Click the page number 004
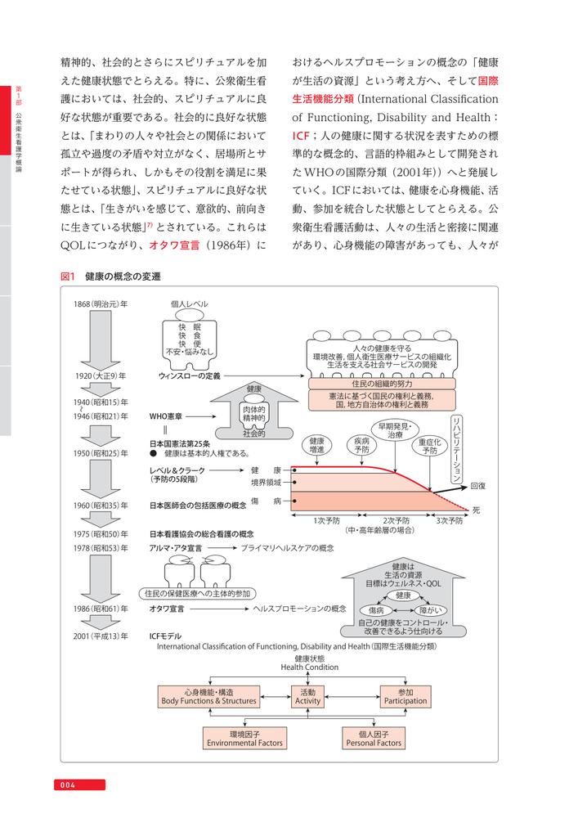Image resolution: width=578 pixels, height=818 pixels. (x=67, y=786)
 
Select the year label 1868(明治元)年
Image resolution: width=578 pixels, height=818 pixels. (x=101, y=304)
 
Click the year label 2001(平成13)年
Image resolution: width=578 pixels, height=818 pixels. (x=101, y=635)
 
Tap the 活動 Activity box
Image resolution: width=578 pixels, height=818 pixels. (x=307, y=696)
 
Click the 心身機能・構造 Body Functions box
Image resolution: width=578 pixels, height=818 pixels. (x=209, y=696)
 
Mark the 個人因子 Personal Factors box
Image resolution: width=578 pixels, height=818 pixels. (x=373, y=739)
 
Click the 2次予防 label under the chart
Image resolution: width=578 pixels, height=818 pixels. (x=396, y=519)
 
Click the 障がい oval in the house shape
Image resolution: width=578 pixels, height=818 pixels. (x=431, y=610)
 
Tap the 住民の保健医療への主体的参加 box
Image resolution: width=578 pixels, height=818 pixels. (x=197, y=593)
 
